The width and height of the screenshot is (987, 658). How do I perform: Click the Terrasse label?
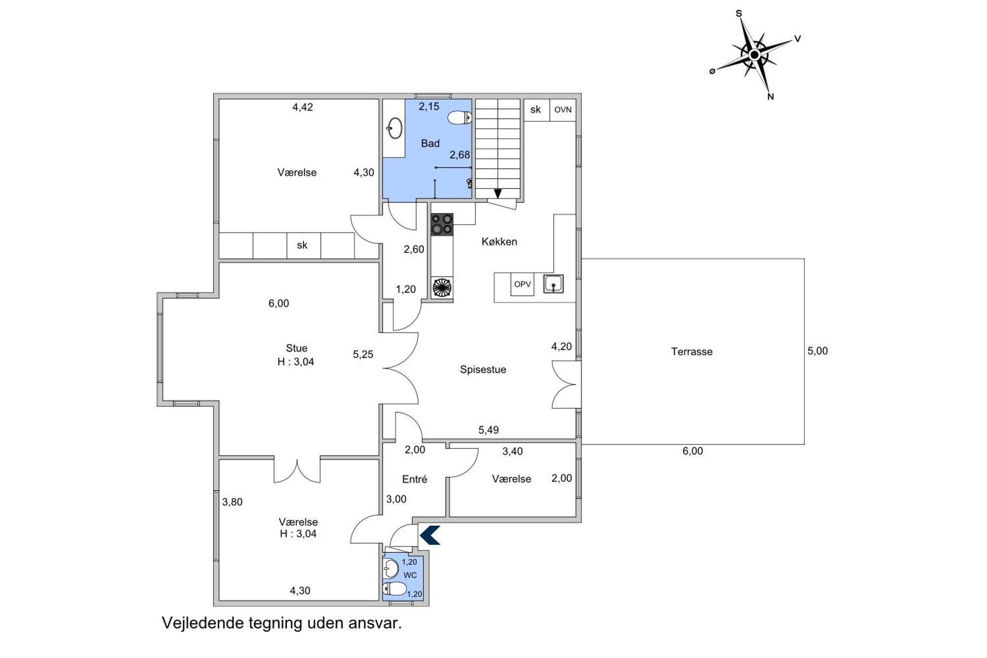(691, 351)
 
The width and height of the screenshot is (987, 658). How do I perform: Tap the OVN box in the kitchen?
(563, 110)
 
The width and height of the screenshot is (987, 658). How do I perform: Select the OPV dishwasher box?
(522, 284)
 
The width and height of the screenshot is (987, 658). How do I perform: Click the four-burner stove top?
(442, 224)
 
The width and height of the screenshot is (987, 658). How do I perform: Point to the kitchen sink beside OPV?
(553, 284)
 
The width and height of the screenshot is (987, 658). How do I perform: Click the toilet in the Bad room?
(460, 118)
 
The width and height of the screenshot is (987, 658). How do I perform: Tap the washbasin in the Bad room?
(394, 128)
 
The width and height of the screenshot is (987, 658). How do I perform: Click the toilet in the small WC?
(395, 588)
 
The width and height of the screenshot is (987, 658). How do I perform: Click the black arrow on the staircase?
(497, 194)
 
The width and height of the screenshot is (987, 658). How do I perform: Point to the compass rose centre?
(754, 55)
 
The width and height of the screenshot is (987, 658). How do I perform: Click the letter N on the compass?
(770, 97)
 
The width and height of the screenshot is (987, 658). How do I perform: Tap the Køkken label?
(499, 241)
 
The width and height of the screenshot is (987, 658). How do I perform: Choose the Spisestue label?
(483, 369)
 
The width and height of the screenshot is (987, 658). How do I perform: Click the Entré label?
(415, 479)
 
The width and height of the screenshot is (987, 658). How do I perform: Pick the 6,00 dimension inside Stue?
(279, 303)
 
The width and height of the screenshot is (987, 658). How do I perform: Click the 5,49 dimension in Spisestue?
(489, 430)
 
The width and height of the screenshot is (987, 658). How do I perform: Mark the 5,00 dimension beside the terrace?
(818, 351)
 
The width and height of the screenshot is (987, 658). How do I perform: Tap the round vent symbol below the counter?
(442, 287)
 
